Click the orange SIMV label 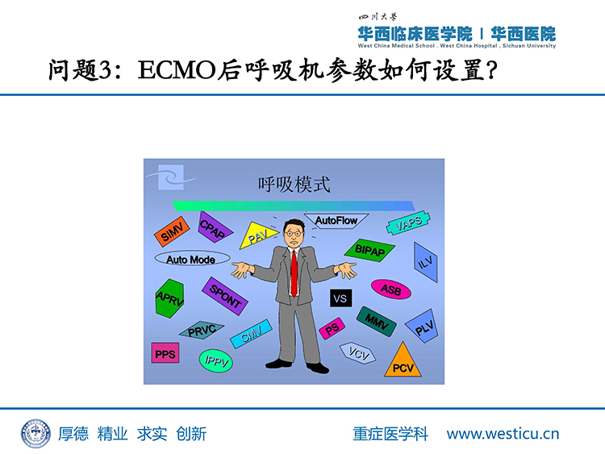172,231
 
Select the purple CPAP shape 214,227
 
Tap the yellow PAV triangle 257,235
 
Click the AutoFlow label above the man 336,221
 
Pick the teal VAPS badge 408,223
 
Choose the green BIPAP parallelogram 369,250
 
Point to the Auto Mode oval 192,259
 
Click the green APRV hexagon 169,298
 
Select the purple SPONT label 225,296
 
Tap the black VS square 340,298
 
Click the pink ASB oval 391,289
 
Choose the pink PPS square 165,353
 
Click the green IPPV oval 216,361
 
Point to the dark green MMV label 376,321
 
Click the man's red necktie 294,273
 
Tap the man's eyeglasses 294,233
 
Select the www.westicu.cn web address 503,434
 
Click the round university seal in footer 35,434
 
